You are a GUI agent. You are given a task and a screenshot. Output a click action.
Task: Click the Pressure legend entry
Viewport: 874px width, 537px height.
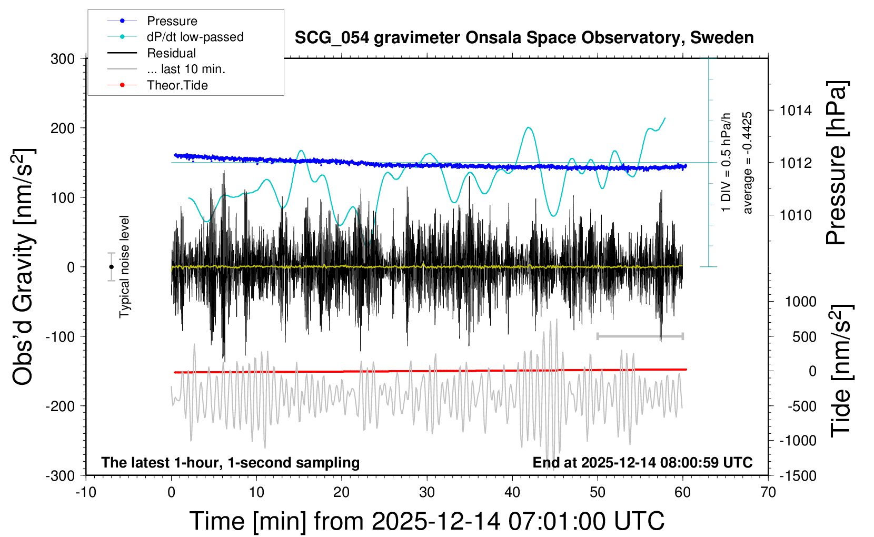click(x=172, y=21)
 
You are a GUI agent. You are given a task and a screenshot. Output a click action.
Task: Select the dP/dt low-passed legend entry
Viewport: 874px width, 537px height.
click(x=195, y=37)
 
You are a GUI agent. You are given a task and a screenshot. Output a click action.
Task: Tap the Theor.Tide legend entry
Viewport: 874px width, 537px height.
click(x=177, y=85)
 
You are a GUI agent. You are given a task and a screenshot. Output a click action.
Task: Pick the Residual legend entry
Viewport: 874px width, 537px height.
click(x=171, y=53)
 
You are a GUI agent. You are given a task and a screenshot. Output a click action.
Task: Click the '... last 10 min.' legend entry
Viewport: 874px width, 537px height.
click(x=186, y=69)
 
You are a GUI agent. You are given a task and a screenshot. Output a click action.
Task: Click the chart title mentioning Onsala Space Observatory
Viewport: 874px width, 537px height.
click(x=524, y=38)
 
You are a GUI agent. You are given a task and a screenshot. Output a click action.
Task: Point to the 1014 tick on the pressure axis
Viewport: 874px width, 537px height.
click(x=795, y=111)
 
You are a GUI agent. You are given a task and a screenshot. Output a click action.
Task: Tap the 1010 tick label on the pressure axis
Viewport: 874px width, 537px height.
click(x=795, y=215)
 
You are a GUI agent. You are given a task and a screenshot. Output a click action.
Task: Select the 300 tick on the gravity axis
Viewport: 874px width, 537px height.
click(x=63, y=58)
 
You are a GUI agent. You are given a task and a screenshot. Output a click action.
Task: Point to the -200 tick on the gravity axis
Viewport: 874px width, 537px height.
click(x=60, y=406)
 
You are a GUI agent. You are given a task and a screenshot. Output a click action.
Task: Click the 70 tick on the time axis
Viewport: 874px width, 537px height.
click(x=768, y=492)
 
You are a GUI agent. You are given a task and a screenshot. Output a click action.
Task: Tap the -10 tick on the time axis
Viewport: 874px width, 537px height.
click(x=86, y=492)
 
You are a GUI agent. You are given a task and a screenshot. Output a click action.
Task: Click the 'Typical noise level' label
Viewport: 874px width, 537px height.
click(x=124, y=266)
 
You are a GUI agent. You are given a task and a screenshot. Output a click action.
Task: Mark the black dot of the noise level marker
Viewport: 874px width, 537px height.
click(x=111, y=267)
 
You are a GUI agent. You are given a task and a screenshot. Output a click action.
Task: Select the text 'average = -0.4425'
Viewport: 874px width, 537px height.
click(x=747, y=163)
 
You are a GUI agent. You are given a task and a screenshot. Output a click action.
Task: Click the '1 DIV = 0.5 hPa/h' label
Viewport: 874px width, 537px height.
click(x=727, y=162)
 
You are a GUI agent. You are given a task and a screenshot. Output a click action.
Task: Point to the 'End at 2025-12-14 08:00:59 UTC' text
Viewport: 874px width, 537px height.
click(x=642, y=462)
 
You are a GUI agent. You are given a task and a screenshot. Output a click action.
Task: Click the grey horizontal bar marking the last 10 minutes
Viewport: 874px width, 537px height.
click(x=640, y=336)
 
